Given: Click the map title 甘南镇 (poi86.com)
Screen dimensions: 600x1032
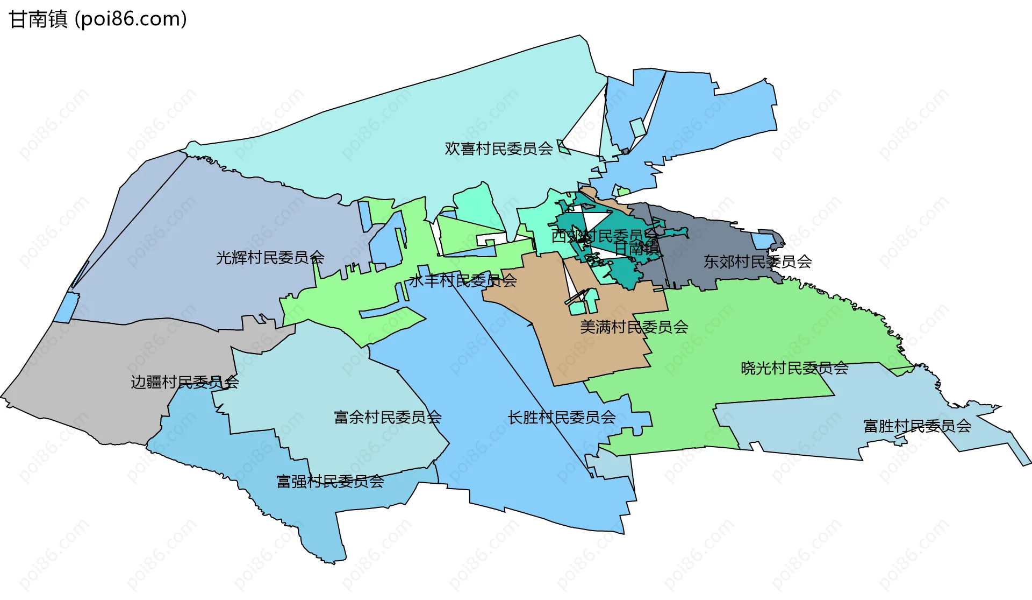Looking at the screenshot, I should coord(98,19).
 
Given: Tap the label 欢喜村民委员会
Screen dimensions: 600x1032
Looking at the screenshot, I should coord(498,149).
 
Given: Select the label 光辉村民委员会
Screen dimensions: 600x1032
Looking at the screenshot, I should coord(270,258).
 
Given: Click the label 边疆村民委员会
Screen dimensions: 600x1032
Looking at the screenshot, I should coord(184,382).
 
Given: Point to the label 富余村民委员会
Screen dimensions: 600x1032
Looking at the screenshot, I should coord(388,417).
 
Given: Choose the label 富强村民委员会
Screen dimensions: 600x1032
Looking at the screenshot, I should coord(330,481).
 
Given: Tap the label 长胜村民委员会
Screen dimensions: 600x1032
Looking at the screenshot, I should coord(562,417).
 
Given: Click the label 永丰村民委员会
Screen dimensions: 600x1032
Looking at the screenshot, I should coord(463,280).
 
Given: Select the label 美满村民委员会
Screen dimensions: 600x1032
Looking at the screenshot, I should coord(634,327).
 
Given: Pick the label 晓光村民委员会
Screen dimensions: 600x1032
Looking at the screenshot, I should coord(794,368).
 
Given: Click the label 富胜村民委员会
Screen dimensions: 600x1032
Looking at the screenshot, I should coord(917,426).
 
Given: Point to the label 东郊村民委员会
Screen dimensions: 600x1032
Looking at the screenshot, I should coord(757,262).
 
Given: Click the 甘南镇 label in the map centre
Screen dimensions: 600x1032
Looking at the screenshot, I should coord(637,248).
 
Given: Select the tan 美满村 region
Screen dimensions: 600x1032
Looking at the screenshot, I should coord(591,350).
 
